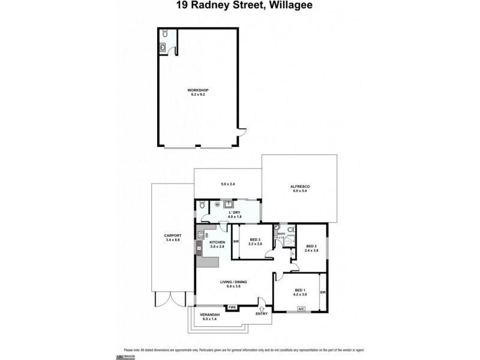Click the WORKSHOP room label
202,90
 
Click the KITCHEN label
217,242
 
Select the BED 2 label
311,246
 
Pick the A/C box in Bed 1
301,309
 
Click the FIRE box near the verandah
233,308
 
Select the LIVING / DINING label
233,281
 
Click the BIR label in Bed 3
236,242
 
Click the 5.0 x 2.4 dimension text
227,184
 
